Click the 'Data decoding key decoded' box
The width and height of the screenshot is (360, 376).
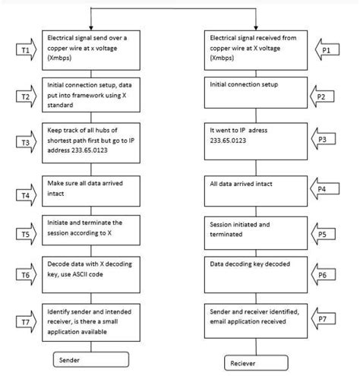[x=253, y=270]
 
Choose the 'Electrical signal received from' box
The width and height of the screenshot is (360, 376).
[x=253, y=46]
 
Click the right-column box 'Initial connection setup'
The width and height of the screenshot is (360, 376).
[x=253, y=91]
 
